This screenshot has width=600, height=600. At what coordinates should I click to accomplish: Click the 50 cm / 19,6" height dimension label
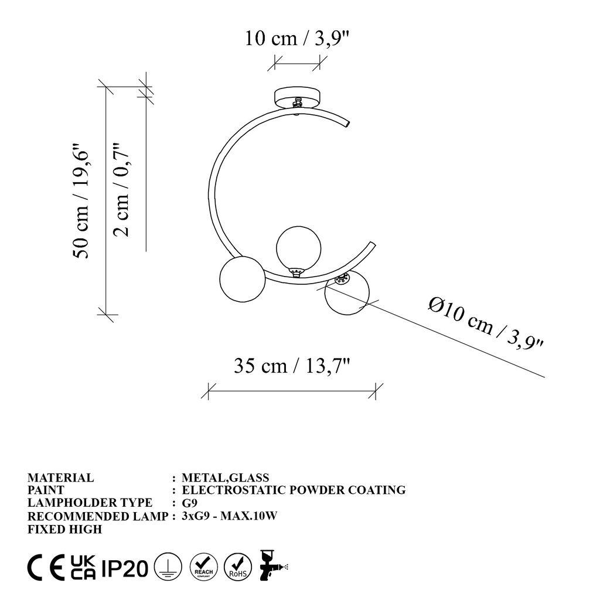[x=81, y=202]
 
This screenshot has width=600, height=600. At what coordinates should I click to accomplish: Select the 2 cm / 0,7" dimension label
[x=121, y=189]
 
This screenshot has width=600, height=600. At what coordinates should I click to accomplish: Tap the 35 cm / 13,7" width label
[x=292, y=366]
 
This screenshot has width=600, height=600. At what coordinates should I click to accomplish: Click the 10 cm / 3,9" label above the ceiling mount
[x=298, y=39]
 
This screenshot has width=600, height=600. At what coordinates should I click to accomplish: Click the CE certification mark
[x=46, y=568]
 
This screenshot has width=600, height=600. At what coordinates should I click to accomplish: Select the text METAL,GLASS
[x=226, y=478]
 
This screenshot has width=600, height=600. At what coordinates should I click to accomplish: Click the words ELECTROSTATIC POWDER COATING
[x=294, y=490]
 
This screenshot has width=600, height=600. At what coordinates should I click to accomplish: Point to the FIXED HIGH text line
[x=65, y=529]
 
